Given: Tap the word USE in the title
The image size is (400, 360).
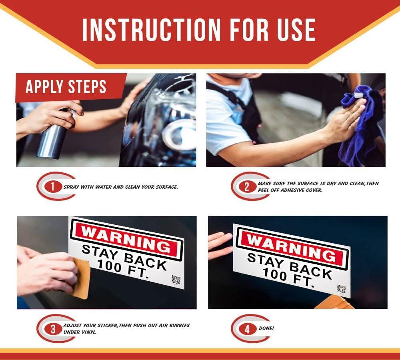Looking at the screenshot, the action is [296, 30].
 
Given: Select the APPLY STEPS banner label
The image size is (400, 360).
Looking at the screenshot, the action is [66, 86].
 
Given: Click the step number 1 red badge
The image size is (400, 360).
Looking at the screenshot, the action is [53, 187].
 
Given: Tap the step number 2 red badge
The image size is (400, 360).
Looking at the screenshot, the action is [247, 187].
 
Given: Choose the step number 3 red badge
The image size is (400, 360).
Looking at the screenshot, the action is [53, 329].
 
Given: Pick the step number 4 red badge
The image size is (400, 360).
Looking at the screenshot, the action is [247, 329].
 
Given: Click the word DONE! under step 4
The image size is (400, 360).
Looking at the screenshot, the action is [266, 328].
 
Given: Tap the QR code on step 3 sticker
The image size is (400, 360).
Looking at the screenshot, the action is [176, 280].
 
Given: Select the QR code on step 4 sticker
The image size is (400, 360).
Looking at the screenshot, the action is [341, 289].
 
